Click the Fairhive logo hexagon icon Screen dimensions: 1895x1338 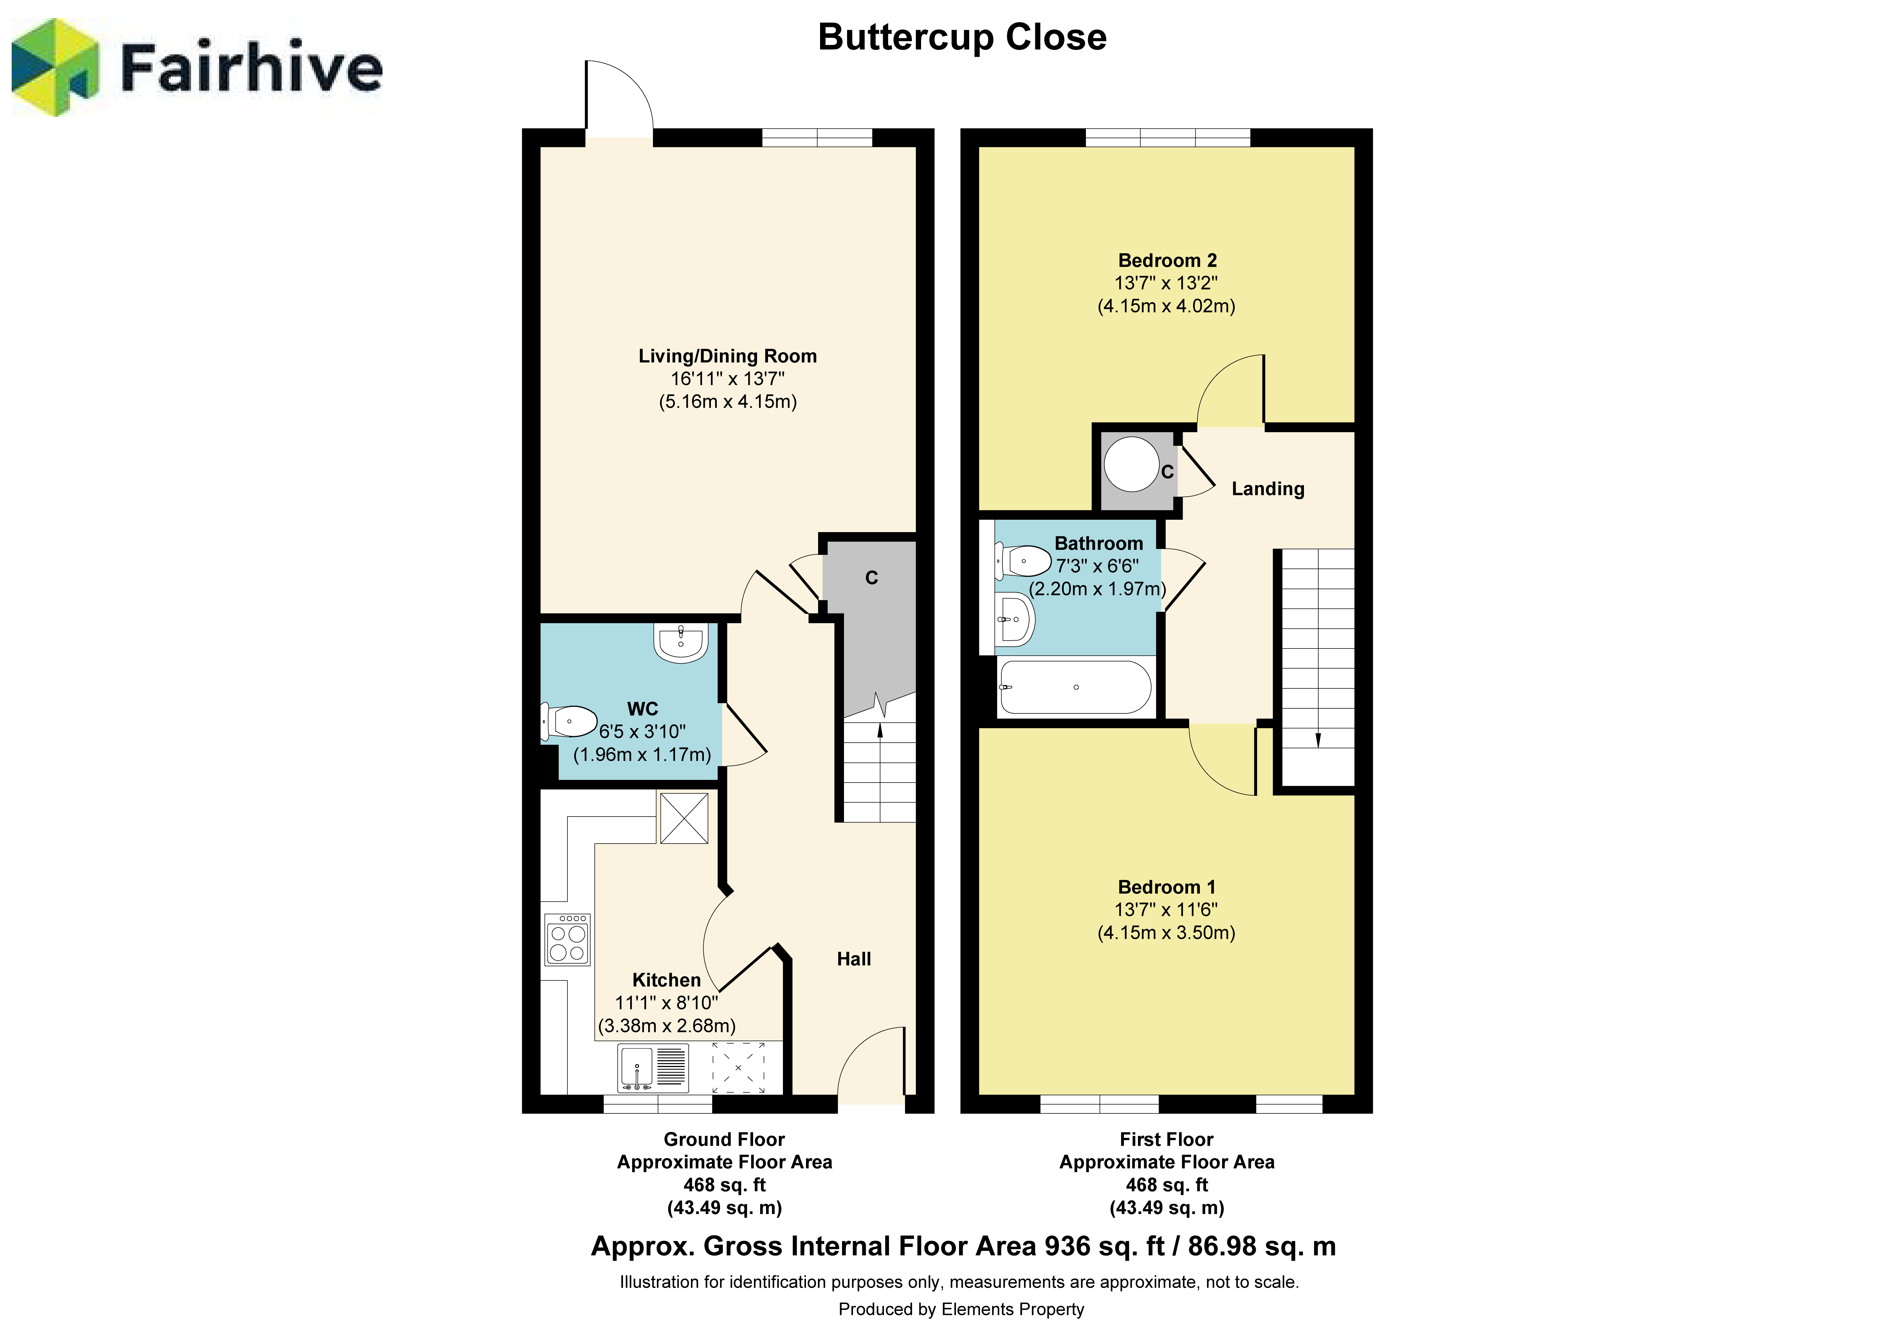pos(55,68)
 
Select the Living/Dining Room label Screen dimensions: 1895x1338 pos(727,356)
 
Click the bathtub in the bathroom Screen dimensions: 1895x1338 pos(1076,687)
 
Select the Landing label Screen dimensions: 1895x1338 pos(1268,489)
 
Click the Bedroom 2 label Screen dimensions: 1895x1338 pos(1167,261)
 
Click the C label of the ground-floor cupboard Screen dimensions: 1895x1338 pos(872,578)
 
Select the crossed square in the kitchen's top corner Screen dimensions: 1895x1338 pos(683,818)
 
